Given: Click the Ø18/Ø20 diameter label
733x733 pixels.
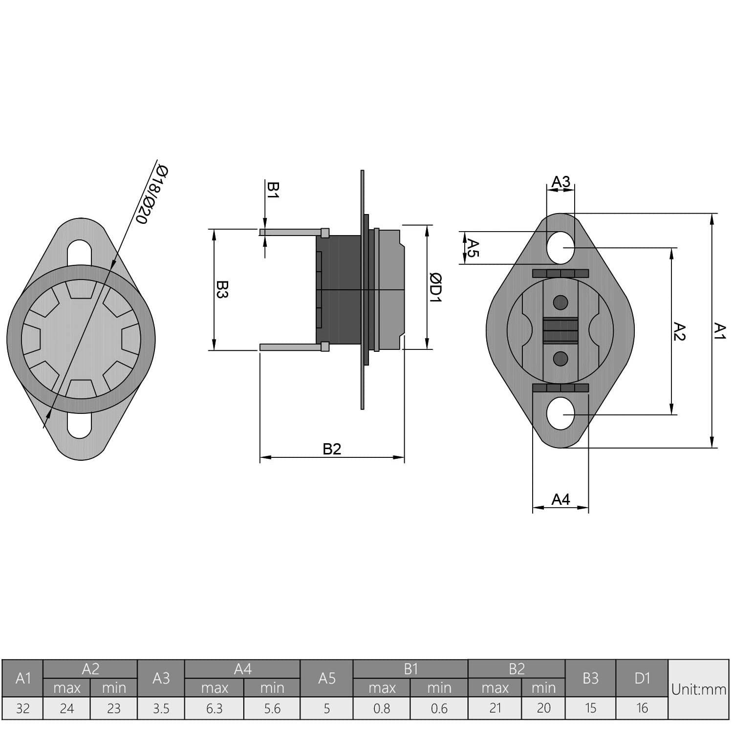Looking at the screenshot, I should pos(152,195).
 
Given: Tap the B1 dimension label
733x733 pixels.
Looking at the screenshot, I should pos(273,190).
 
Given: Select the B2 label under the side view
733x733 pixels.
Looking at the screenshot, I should pos(332,449).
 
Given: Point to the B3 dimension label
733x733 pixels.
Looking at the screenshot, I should pos(222,289).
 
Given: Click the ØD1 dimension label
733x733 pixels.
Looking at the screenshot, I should pos(435,287).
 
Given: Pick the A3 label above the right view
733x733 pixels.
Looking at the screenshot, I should pos(561,182).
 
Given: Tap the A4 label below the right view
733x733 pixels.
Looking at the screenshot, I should pos(561,499).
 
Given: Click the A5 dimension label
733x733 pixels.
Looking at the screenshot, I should pos(473,247).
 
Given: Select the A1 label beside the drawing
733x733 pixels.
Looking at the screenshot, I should pos(720,330).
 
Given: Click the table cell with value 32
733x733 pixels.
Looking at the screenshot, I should pos(22,709).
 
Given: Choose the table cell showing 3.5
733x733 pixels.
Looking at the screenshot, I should pos(161,709).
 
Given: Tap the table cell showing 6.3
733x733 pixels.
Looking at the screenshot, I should pos(214,709).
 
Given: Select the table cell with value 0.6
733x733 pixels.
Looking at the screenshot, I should pos(439,709).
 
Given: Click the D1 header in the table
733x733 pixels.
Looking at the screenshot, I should pos(642,678).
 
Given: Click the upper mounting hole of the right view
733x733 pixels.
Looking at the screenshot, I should pos(561,248).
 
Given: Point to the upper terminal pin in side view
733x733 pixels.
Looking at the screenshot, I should pos(291,233).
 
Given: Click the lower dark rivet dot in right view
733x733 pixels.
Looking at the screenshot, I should pos(561,359).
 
